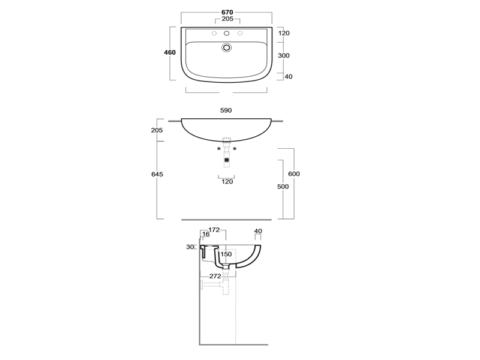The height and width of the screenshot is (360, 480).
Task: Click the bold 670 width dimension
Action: (227, 12)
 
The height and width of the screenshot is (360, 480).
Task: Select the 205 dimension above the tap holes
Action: (227, 19)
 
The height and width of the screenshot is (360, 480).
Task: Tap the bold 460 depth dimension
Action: (170, 52)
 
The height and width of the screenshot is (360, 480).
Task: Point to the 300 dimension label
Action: (284, 55)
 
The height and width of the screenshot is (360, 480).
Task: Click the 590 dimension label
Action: (226, 110)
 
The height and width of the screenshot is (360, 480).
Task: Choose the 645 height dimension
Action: (157, 174)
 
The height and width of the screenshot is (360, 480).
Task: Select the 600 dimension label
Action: (294, 174)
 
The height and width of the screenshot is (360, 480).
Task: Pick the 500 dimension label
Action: (283, 187)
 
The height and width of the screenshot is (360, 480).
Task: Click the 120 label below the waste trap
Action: (227, 182)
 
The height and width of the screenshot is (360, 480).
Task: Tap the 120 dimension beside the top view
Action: (284, 33)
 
